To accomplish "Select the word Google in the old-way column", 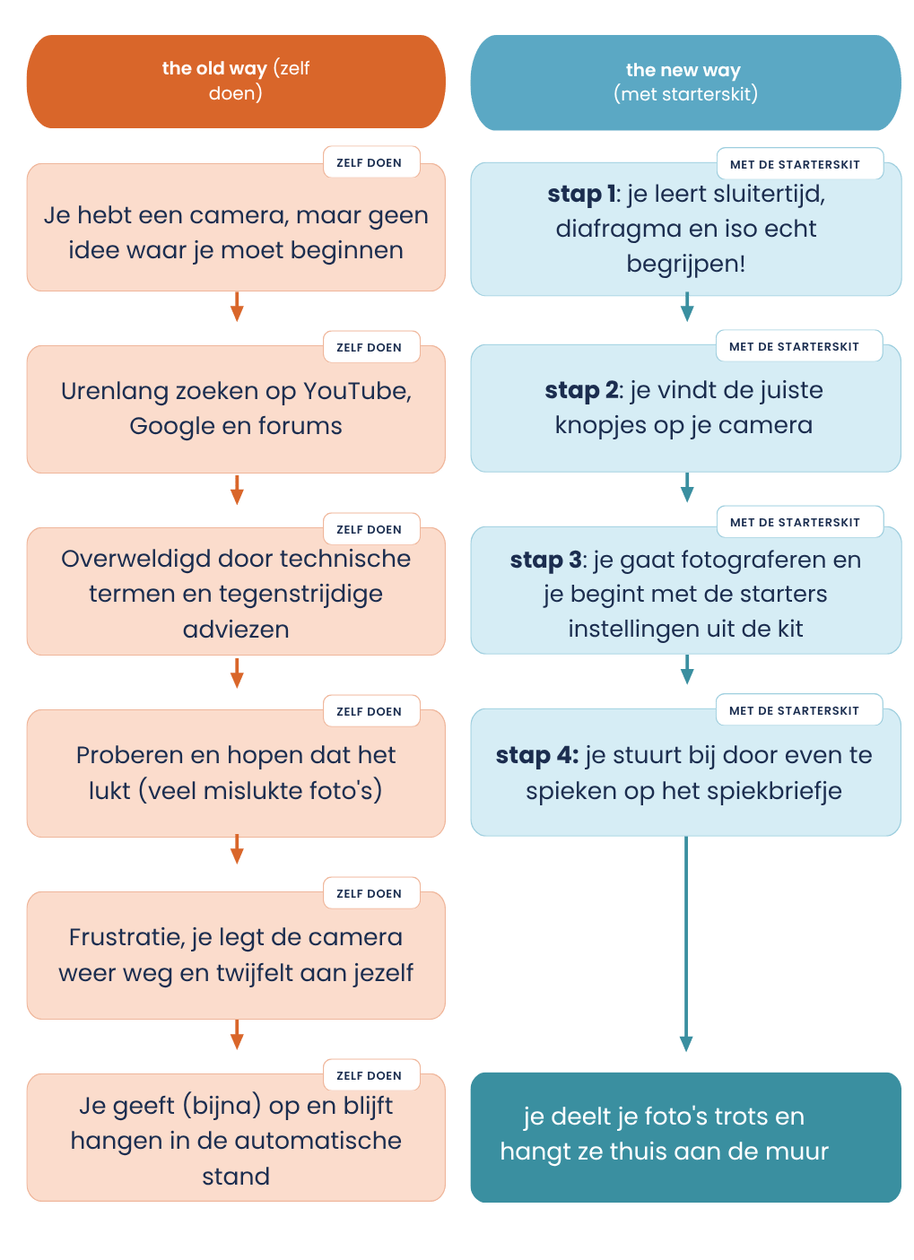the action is [x=168, y=420].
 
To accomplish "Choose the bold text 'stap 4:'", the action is [x=528, y=743].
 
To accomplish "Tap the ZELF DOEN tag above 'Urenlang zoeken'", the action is [x=362, y=342].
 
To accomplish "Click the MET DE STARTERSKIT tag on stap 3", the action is [x=782, y=514].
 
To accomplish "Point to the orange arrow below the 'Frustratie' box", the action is [x=233, y=1017].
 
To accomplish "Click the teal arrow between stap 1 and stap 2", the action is [x=675, y=301].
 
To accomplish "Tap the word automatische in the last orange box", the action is [x=313, y=1122].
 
